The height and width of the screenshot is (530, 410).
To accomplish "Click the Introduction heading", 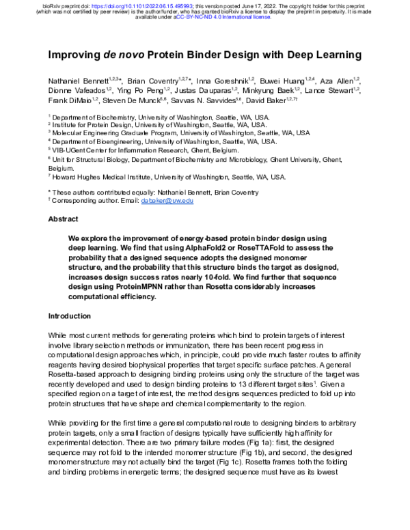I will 69,316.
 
